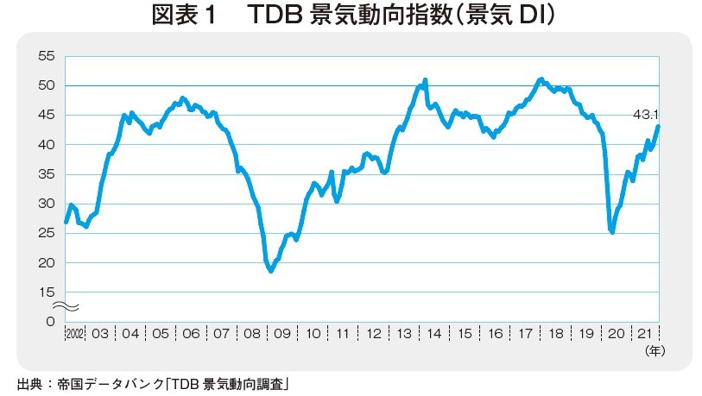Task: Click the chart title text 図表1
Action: point(205,17)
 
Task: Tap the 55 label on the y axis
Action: point(47,56)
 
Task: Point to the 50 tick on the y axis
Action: point(47,85)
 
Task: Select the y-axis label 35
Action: point(47,174)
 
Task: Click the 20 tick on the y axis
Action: point(47,262)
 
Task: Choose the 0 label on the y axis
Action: point(51,322)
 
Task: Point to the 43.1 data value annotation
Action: point(646,114)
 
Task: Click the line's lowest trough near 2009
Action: point(271,271)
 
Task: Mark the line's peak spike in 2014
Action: point(426,80)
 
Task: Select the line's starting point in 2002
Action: point(66,223)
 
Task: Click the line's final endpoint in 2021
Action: point(658,127)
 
